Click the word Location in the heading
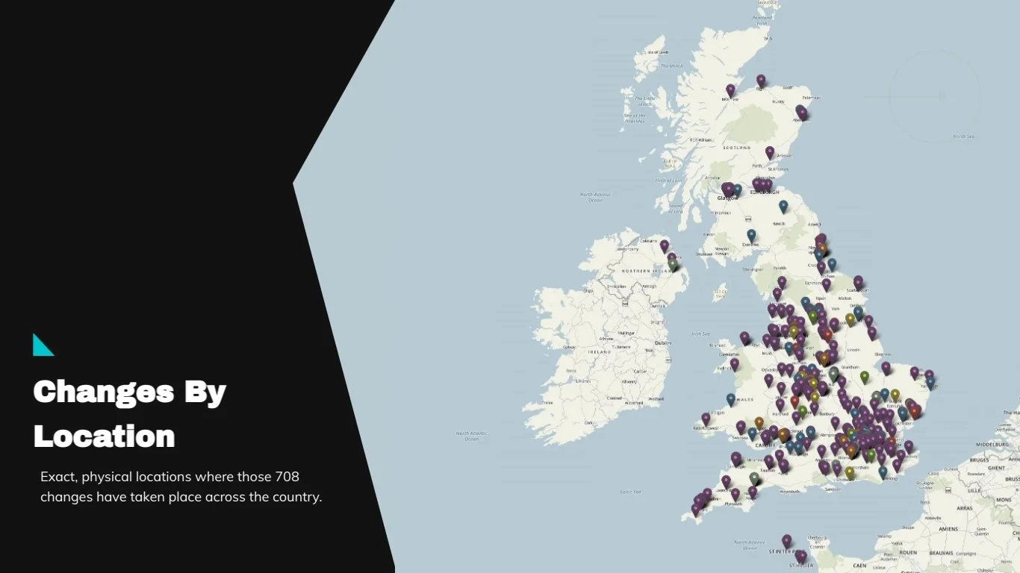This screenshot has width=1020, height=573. tap(104, 436)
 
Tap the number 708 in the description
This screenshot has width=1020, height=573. tap(287, 476)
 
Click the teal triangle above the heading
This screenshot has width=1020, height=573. tap(42, 345)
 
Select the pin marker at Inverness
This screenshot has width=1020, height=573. tap(730, 90)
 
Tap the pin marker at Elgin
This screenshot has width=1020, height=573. tap(761, 80)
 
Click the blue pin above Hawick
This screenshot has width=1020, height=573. tap(783, 206)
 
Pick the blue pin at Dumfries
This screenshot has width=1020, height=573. tap(751, 235)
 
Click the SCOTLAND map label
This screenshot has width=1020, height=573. tap(736, 148)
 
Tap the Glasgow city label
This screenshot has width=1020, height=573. tap(727, 198)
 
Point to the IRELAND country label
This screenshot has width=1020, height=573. tap(600, 351)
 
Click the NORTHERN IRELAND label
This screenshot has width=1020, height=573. tap(647, 270)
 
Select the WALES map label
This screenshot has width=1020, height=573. tap(744, 400)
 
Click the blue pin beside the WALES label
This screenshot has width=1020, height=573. tap(730, 399)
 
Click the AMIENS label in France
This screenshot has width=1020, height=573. tap(949, 528)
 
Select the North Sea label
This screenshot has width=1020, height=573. tap(963, 137)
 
